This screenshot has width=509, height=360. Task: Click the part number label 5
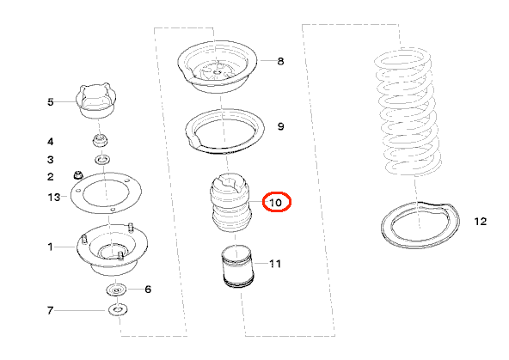(x=51, y=102)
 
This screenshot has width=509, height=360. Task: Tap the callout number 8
(x=281, y=61)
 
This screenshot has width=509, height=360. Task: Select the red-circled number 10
(x=276, y=203)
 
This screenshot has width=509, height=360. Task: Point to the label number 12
(x=481, y=222)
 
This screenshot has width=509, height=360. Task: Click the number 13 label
(x=54, y=197)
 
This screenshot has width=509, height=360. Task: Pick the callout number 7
(x=50, y=310)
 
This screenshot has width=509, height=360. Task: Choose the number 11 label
(x=275, y=264)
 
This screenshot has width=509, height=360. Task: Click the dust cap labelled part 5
(x=96, y=101)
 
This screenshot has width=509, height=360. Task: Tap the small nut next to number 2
(x=78, y=174)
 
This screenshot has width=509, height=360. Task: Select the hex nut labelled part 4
(x=100, y=141)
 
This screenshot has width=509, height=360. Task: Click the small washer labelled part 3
(x=102, y=160)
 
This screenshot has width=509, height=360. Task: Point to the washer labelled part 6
(x=117, y=290)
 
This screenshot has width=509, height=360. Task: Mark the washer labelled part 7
(x=118, y=310)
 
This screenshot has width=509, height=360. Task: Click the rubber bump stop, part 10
(x=230, y=203)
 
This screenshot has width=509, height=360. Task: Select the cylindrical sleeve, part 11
(x=237, y=266)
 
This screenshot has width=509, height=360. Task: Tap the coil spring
(x=408, y=112)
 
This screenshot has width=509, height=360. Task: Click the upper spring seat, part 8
(x=218, y=67)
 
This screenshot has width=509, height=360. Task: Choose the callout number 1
(x=50, y=247)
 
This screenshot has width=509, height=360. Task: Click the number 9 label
(x=281, y=126)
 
